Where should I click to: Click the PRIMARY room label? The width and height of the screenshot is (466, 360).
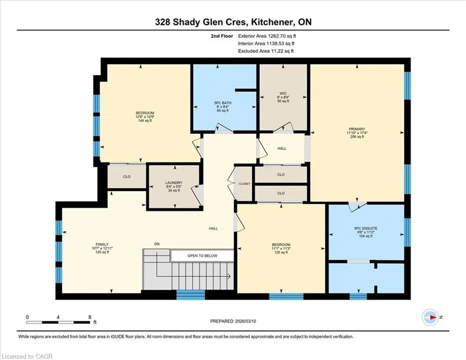coord(357,129)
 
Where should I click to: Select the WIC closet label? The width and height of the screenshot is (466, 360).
coord(283,93)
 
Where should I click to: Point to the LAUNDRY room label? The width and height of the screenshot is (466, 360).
coord(174,183)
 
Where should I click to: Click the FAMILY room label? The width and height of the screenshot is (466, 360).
coord(102,244)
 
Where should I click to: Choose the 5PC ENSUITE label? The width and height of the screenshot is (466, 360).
coord(366,228)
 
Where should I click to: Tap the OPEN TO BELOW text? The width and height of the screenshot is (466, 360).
coord(202,255)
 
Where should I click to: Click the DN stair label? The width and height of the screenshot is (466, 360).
coord(157,244)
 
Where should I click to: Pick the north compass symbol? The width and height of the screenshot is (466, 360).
coord(430,317)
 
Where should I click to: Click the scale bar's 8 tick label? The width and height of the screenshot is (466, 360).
coord(90,317)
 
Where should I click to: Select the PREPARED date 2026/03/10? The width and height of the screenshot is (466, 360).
coord(245,321)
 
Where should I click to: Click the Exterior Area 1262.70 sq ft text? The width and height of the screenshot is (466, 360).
coord(267,36)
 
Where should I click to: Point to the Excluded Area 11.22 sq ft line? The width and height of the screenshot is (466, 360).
coord(266,51)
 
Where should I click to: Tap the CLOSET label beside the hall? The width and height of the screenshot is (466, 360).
coord(244,184)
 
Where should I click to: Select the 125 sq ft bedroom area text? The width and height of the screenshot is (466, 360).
coord(281,252)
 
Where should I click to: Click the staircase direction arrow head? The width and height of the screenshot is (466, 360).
coord(229,277)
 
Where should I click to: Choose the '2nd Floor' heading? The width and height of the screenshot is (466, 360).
coord(222,36)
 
